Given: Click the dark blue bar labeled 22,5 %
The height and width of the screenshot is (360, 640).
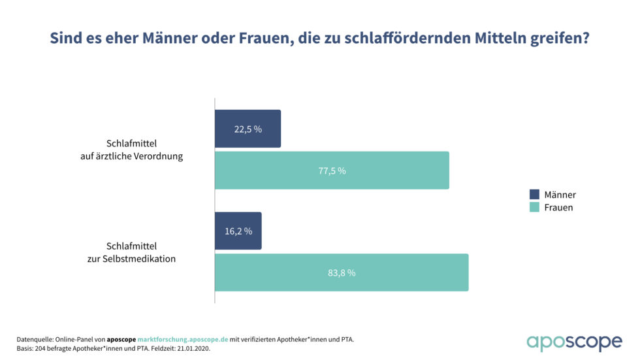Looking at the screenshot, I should pyautogui.click(x=248, y=129).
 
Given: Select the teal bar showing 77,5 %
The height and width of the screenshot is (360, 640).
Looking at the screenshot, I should pyautogui.click(x=332, y=171).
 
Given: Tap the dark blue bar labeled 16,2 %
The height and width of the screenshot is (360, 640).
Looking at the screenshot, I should pyautogui.click(x=238, y=231).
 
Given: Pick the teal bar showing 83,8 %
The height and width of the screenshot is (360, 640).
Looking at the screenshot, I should pyautogui.click(x=342, y=272).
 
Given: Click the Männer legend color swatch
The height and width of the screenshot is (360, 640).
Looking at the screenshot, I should pyautogui.click(x=534, y=195).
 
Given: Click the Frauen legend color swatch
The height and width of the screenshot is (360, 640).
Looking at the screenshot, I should pyautogui.click(x=534, y=208).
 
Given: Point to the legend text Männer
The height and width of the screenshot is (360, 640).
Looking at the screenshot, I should pyautogui.click(x=560, y=195).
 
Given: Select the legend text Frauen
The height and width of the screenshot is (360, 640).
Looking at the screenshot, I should pyautogui.click(x=558, y=208).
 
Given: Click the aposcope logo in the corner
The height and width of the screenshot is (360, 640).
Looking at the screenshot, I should pyautogui.click(x=575, y=342).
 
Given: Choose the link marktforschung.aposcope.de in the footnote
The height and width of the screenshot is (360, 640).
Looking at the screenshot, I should pyautogui.click(x=183, y=339).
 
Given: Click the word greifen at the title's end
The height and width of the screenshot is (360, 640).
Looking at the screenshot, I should pyautogui.click(x=562, y=39).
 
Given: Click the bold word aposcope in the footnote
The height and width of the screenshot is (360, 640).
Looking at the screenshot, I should pyautogui.click(x=121, y=339).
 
